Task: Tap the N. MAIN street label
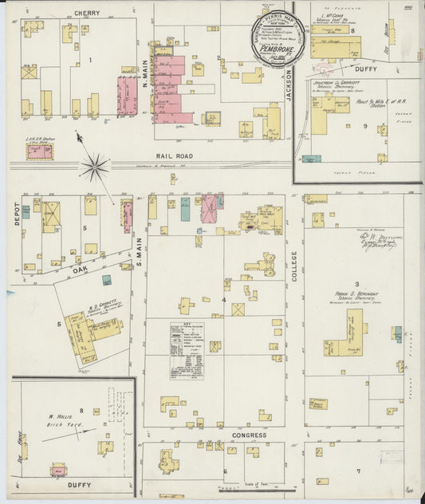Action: [x=145, y=73]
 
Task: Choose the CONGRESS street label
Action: [x=249, y=435]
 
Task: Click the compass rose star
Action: [x=94, y=167]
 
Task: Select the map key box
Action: [x=187, y=350]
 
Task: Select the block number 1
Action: [x=90, y=60]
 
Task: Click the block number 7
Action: [x=358, y=471]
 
